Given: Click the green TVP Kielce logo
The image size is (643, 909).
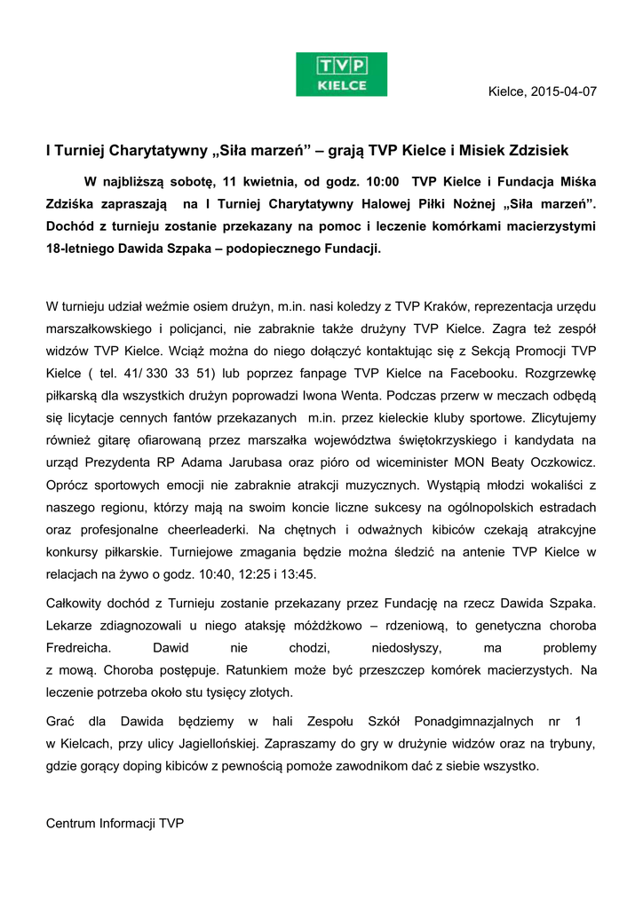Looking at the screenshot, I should [x=342, y=74].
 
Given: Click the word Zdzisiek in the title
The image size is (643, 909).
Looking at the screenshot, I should [x=534, y=150].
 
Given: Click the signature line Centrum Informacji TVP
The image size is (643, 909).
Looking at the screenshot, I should [x=115, y=823].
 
